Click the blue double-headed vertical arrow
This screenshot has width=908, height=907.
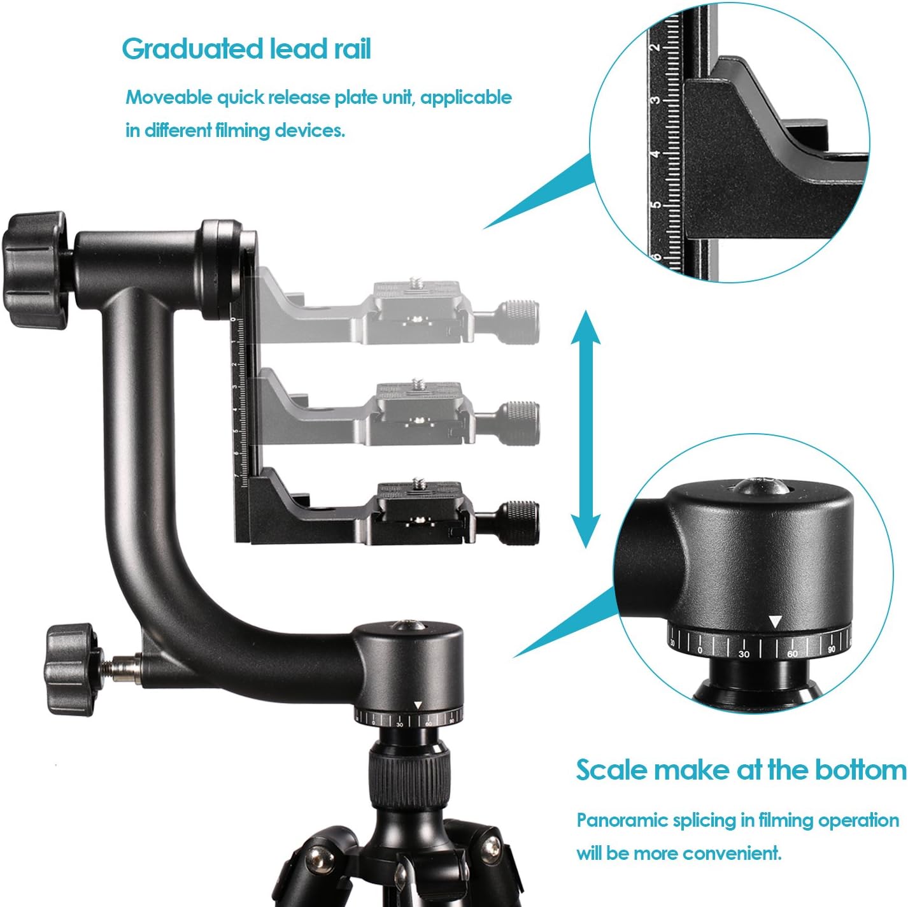tap(585, 431)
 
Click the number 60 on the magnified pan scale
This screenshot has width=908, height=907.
tap(793, 654)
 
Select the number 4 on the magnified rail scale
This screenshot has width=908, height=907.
tap(655, 155)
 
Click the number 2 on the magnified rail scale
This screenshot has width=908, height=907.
tap(655, 48)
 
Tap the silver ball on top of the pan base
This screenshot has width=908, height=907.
tap(404, 627)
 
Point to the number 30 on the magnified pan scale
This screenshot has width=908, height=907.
tap(744, 654)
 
